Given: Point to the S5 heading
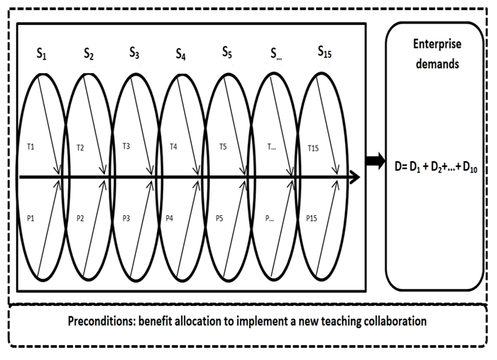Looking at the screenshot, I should click(226, 53).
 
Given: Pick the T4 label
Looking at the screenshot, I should click(173, 147).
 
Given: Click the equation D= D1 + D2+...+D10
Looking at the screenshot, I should click(436, 165).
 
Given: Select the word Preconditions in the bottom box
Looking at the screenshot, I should click(100, 321).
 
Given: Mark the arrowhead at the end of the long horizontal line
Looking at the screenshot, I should click(353, 177).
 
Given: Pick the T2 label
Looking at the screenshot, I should click(80, 148).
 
